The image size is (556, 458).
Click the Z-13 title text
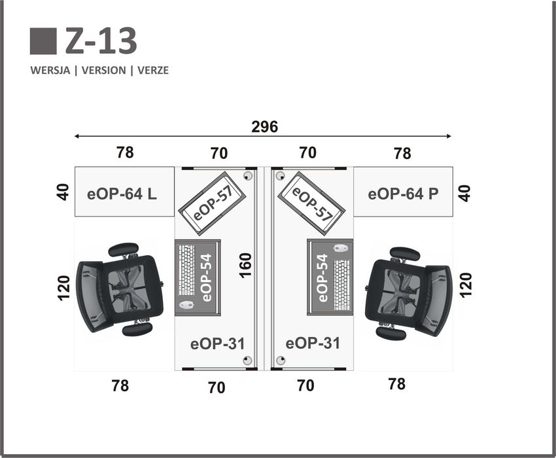click(101, 41)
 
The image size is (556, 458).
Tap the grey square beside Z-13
click(43, 41)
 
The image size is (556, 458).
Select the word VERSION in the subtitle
click(103, 70)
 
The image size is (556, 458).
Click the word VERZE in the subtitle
click(153, 70)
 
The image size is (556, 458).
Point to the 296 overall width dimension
click(264, 127)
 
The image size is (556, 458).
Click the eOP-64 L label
click(122, 194)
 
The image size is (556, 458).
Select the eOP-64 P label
click(403, 194)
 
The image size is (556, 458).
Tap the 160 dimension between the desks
click(245, 266)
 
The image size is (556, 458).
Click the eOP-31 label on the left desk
click(217, 343)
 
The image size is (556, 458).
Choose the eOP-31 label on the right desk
click(313, 343)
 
